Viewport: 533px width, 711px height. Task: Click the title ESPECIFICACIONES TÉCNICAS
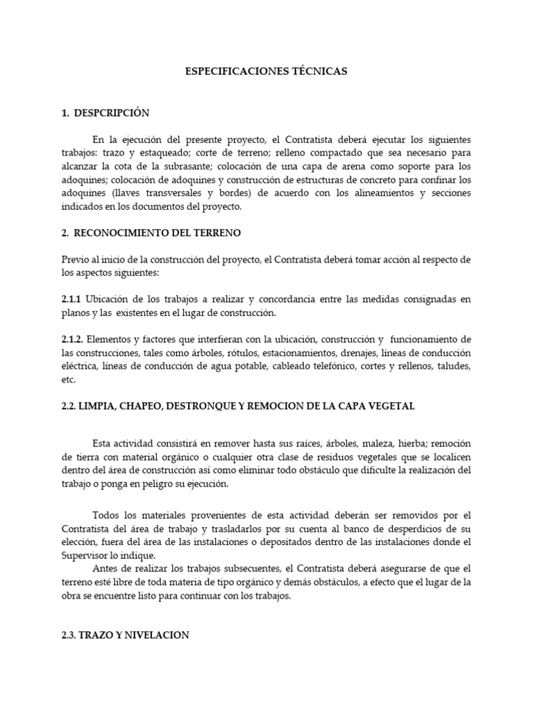click(266, 71)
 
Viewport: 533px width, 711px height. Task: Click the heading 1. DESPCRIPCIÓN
click(105, 112)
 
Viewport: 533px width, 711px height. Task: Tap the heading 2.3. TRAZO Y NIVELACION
click(125, 635)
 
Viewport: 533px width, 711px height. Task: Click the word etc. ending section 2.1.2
click(68, 380)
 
